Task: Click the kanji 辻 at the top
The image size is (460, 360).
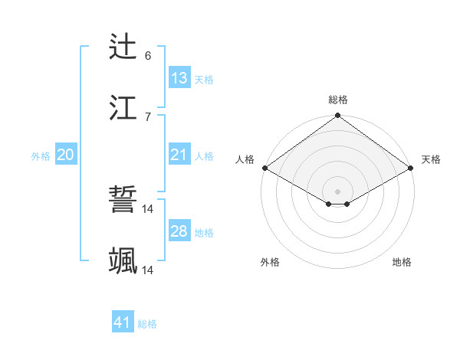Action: [123, 47]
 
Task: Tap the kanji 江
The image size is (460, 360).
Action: [123, 107]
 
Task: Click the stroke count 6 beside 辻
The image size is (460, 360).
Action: [148, 56]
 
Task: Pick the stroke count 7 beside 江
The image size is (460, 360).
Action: [148, 116]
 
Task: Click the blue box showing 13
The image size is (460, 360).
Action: [179, 78]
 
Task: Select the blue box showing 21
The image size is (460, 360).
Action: [179, 155]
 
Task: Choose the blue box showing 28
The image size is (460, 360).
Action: [179, 231]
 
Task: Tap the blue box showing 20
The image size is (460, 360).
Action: [66, 155]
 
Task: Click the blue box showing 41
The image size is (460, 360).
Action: [123, 322]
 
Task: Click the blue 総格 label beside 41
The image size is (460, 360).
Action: [147, 324]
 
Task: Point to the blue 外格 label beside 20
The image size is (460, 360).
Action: [41, 156]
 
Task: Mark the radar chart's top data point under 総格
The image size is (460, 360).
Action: [337, 116]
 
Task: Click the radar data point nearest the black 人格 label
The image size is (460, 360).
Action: [264, 168]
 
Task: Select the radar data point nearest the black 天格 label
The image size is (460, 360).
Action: [411, 168]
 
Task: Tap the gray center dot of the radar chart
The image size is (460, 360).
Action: [337, 191]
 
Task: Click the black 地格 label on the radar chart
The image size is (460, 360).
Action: [402, 262]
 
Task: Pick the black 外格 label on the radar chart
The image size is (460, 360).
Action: [270, 262]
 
